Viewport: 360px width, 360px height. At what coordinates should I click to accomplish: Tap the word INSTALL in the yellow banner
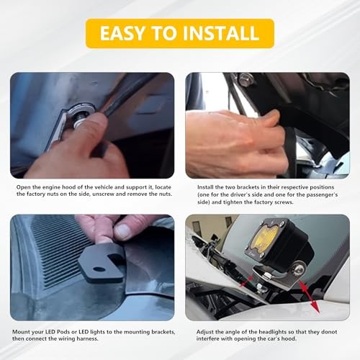coord(221,33)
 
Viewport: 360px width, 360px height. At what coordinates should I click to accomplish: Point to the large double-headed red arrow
coord(310,296)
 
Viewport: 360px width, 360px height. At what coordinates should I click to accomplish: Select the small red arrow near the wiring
coord(246,282)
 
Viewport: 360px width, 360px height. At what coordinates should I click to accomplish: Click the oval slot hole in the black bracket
coord(99,269)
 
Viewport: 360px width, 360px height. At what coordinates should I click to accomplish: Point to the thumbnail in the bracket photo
coord(124,230)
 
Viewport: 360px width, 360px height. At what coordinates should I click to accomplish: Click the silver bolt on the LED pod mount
coord(299,270)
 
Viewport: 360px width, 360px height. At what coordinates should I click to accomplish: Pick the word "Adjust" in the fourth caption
coord(205,332)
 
